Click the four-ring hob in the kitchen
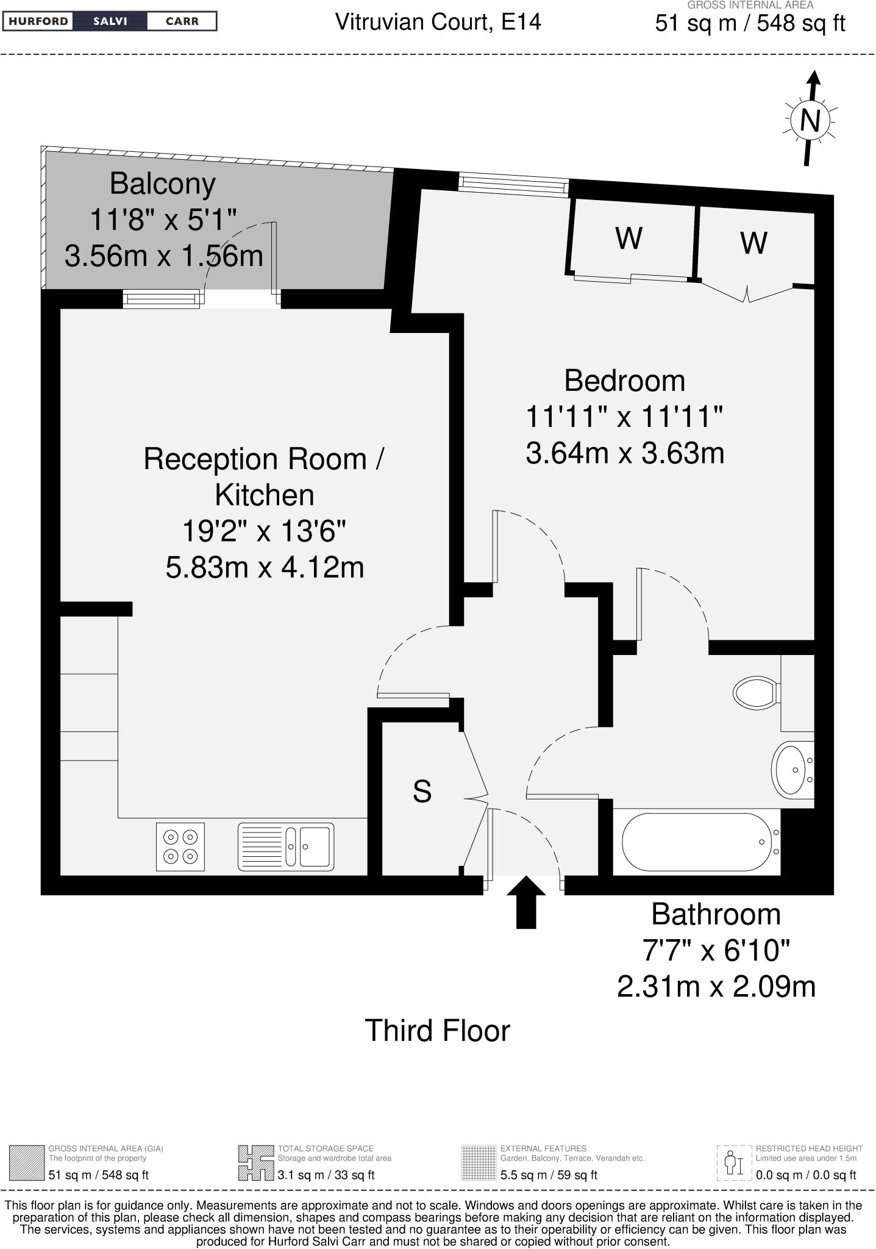[x=180, y=847]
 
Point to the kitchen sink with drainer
[x=286, y=846]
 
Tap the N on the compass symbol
[x=810, y=120]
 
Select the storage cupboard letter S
[x=422, y=792]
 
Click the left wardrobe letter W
[x=629, y=238]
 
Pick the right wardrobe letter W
[x=753, y=243]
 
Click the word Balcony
[x=163, y=184]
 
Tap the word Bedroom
[x=624, y=381]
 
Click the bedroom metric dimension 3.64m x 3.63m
[x=624, y=453]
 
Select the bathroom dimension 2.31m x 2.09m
[x=716, y=986]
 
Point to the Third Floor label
[x=437, y=1031]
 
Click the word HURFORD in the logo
[x=38, y=21]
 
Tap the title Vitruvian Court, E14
[x=438, y=23]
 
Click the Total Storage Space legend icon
[x=255, y=1162]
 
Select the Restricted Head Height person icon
[x=733, y=1162]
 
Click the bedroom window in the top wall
[x=513, y=185]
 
